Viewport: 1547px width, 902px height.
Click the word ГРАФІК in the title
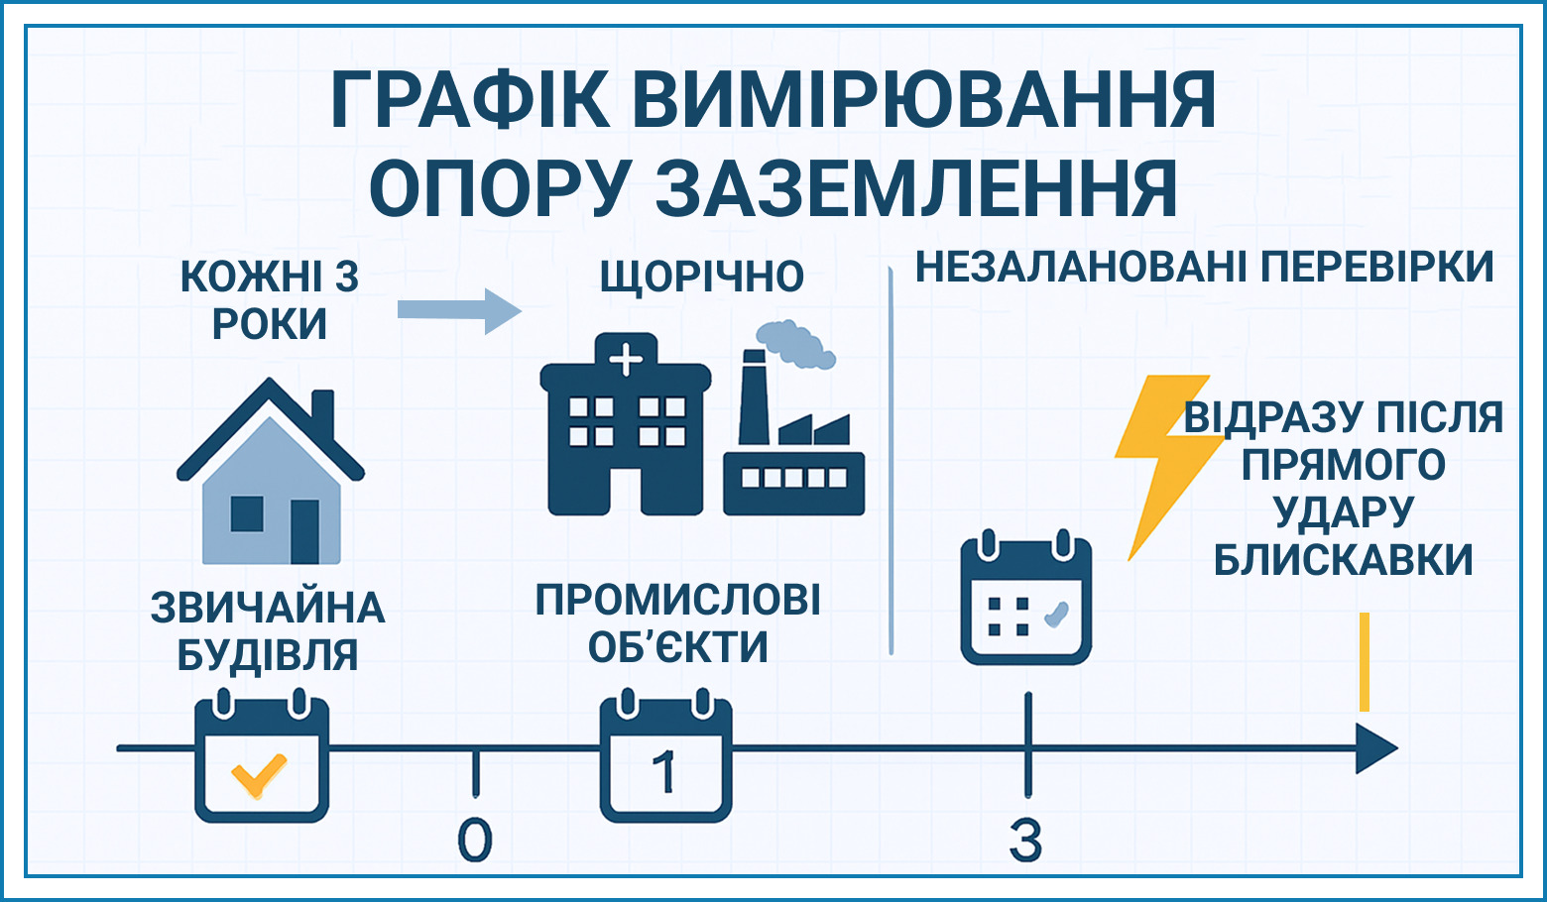tap(470, 100)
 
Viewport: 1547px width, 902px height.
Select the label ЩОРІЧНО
tap(702, 278)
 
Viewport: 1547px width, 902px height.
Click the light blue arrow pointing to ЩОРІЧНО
tap(459, 311)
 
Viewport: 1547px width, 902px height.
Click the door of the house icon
tap(304, 531)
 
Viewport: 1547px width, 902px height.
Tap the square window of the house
tap(247, 513)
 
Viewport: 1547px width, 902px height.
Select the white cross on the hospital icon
tap(626, 361)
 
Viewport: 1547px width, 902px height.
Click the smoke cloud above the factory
tap(795, 343)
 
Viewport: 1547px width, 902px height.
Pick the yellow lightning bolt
tap(1167, 466)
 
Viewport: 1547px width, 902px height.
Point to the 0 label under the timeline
tap(475, 840)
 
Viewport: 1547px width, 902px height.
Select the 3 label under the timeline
tap(1026, 840)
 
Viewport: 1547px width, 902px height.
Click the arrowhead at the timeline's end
tap(1376, 748)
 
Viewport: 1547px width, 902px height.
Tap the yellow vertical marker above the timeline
tap(1365, 661)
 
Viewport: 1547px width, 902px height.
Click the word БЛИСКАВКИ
tap(1344, 559)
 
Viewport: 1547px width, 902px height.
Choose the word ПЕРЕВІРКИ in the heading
tap(1377, 267)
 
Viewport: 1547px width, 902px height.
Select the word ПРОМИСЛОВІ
tap(678, 600)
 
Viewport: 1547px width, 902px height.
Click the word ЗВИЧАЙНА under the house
tap(268, 608)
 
